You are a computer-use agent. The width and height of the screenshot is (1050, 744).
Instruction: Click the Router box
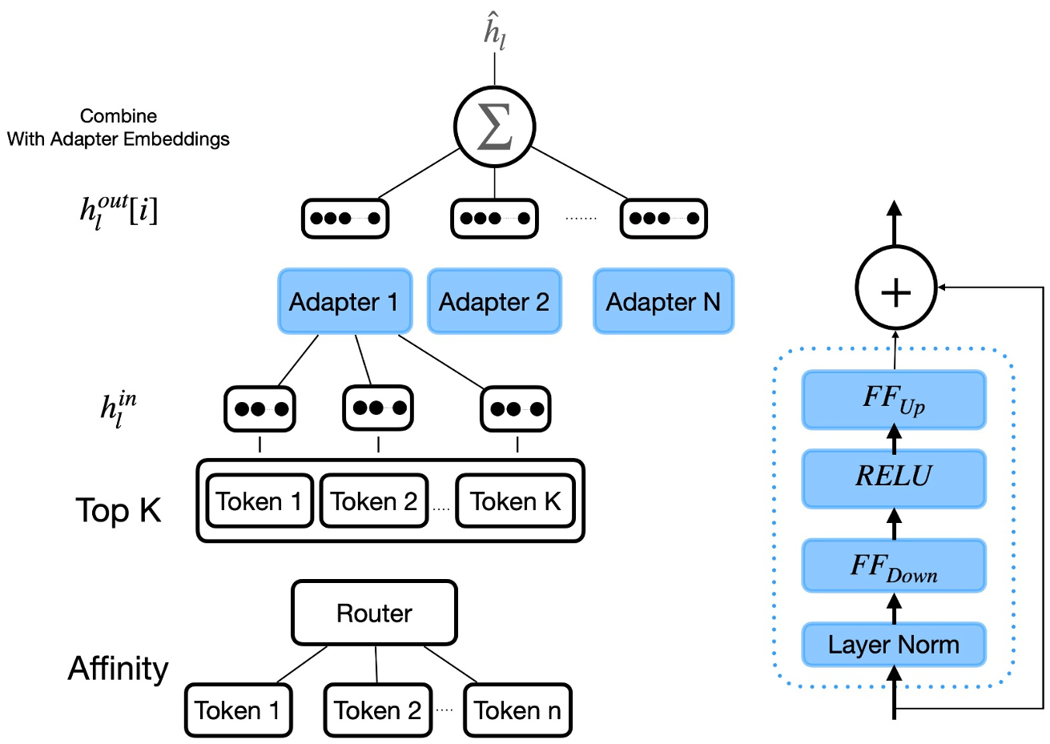coord(374,613)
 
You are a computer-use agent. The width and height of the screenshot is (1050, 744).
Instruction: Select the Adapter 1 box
coord(344,301)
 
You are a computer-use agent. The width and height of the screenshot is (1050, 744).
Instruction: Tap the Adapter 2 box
coord(494,301)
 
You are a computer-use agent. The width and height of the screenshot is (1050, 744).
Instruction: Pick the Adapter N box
coord(663,301)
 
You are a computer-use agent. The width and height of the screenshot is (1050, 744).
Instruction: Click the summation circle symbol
coord(494,127)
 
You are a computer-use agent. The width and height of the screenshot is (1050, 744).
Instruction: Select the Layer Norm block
coord(894,645)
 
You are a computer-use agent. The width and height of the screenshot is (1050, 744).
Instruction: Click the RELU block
coord(894,477)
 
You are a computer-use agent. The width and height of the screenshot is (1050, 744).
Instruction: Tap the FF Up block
coord(894,399)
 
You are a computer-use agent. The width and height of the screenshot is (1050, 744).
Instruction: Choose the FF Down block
coord(894,566)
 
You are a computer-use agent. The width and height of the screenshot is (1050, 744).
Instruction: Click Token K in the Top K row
coord(515,502)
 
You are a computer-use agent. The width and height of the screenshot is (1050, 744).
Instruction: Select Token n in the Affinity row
coord(517,710)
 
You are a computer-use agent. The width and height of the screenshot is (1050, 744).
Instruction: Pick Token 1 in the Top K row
coord(259,502)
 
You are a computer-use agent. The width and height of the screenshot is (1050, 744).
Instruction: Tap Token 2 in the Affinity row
coord(377,710)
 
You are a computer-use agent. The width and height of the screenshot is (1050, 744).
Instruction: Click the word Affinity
coord(119,669)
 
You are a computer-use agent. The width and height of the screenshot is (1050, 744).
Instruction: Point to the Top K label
coord(119,510)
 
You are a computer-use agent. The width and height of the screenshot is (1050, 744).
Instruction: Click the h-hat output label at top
coord(494,33)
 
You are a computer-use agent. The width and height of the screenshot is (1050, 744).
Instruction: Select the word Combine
coord(119,116)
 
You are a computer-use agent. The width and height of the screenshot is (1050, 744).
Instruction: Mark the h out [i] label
coord(119,211)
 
